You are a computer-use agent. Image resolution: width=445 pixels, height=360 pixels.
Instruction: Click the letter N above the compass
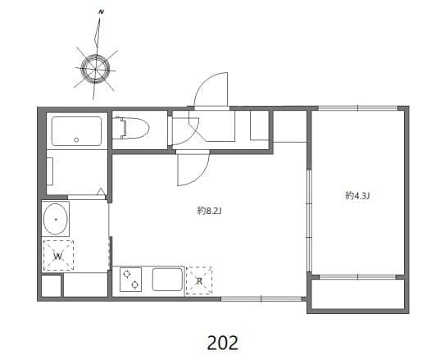pyautogui.click(x=100, y=12)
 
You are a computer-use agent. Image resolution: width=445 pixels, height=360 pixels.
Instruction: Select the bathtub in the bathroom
pyautogui.click(x=76, y=130)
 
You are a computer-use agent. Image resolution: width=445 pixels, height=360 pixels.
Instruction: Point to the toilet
pyautogui.click(x=134, y=129)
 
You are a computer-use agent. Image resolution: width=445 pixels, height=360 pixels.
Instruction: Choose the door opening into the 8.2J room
pyautogui.click(x=192, y=170)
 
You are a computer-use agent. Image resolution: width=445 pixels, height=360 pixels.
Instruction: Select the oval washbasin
pyautogui.click(x=57, y=221)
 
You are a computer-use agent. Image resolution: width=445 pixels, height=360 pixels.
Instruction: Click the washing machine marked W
pyautogui.click(x=58, y=256)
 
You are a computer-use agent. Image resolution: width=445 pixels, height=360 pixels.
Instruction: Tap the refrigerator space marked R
pyautogui.click(x=198, y=280)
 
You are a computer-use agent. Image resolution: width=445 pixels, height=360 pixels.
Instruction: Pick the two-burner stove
pyautogui.click(x=131, y=280)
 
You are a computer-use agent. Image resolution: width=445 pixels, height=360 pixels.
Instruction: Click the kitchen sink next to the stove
pyautogui.click(x=166, y=280)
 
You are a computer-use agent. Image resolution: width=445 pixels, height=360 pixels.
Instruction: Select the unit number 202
pyautogui.click(x=221, y=339)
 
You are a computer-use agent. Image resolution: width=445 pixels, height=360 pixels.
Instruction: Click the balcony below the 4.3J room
pyautogui.click(x=358, y=294)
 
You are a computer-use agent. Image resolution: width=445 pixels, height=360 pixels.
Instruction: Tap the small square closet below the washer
pyautogui.click(x=51, y=286)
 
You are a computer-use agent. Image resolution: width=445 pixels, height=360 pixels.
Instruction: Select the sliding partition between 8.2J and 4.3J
pyautogui.click(x=308, y=221)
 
